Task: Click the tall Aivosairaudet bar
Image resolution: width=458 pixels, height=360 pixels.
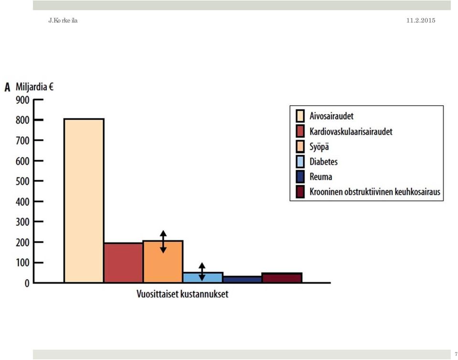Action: point(84,201)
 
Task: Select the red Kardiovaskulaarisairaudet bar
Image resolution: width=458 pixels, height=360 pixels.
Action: point(124,262)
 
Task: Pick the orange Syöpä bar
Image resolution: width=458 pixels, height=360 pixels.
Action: point(163,262)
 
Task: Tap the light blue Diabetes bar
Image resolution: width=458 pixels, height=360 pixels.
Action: point(203,278)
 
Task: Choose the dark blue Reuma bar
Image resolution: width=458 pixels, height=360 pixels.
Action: point(243,279)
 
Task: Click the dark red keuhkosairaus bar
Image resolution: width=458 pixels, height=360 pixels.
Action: point(282,278)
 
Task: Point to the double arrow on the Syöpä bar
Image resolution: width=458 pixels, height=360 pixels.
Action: point(163,241)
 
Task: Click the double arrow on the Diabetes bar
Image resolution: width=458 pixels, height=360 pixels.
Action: point(202,272)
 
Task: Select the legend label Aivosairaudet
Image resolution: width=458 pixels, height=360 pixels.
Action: point(331,116)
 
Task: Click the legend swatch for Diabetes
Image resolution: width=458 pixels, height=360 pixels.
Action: point(300,162)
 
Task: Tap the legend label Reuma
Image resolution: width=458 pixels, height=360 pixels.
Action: point(321,176)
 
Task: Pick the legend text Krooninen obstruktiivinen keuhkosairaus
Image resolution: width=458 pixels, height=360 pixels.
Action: point(375,192)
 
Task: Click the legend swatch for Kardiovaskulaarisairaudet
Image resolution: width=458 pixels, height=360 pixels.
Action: point(300,131)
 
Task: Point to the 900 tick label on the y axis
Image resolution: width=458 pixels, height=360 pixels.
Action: point(22,100)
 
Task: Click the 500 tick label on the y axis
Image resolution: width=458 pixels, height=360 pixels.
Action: point(22,181)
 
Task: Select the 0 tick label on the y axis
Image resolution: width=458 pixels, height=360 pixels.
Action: point(27,283)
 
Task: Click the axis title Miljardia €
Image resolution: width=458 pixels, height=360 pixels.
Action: point(34,87)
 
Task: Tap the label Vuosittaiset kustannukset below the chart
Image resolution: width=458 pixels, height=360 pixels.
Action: point(182,294)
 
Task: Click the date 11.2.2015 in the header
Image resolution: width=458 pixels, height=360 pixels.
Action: point(421,20)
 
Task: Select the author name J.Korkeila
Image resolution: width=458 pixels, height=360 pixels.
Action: point(63,21)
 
